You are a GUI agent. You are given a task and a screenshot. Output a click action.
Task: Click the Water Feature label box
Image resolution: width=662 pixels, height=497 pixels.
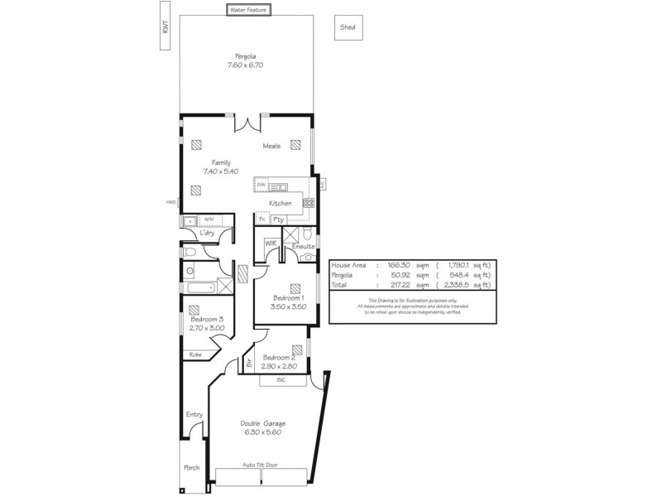247,11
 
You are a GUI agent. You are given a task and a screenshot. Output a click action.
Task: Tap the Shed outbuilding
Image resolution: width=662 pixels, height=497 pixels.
348,27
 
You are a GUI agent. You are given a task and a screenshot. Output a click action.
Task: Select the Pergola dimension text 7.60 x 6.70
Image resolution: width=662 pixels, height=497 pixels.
246,65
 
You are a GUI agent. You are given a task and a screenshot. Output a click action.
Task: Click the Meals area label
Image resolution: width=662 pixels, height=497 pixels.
271,147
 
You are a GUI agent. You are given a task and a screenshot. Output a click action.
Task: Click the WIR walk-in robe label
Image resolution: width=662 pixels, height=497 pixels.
270,244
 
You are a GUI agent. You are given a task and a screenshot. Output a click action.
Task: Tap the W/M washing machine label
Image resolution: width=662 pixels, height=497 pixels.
209,220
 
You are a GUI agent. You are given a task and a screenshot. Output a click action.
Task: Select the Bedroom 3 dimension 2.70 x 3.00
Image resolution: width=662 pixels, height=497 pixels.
207,328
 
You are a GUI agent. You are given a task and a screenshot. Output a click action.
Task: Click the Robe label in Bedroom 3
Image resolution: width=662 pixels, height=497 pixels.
195,354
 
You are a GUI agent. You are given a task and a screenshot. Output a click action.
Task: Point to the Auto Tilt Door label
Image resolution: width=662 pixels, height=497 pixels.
260,465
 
